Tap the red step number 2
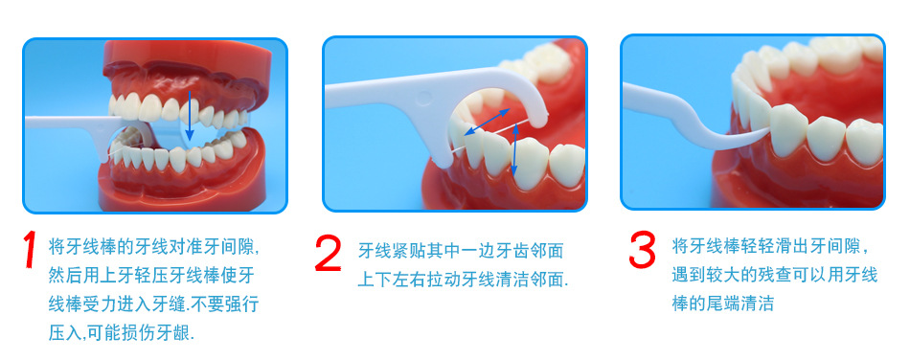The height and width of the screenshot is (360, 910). coord(328,253)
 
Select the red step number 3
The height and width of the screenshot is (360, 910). coord(643,249)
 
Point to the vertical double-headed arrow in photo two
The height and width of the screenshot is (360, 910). coord(514,152)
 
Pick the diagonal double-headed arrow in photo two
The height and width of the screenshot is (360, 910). coord(488,122)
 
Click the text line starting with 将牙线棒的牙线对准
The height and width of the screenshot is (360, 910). coord(154,248)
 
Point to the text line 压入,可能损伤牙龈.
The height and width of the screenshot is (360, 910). coord(122,333)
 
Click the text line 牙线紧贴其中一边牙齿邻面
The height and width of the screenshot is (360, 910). coord(460,251)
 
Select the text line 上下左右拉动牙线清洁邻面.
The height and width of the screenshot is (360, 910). coord(463,280)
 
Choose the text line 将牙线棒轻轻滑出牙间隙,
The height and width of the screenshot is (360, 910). coord(771,246)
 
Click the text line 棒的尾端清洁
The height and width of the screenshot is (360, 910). coord(723,304)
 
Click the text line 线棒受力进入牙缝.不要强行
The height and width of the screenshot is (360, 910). coord(153,304)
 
